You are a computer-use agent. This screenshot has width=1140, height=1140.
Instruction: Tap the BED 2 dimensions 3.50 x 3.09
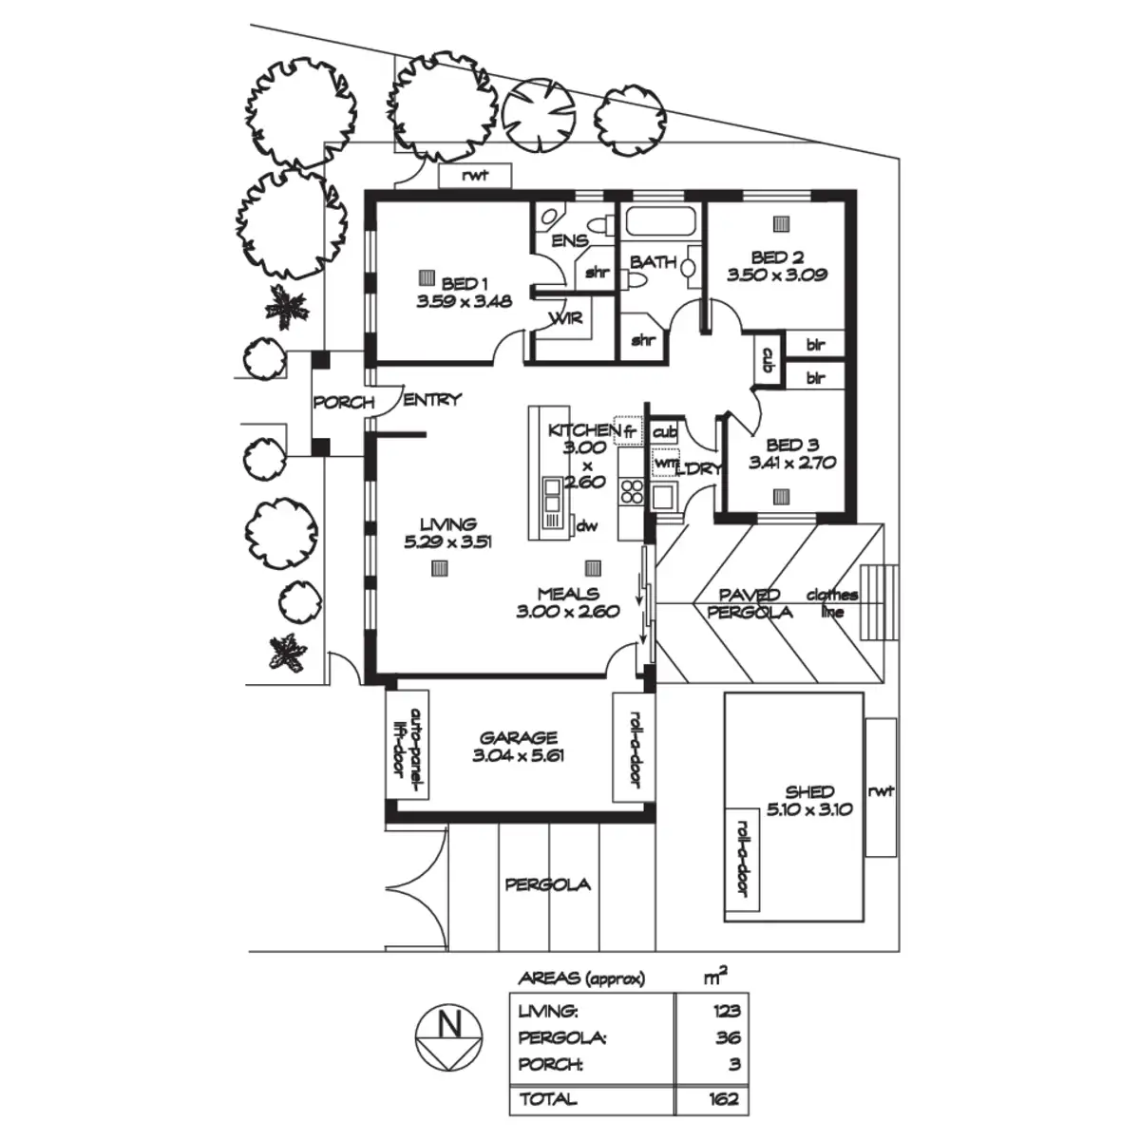(777, 275)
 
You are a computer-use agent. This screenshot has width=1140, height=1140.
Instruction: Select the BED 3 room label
(791, 445)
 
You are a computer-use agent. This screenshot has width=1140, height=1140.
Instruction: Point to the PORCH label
(343, 402)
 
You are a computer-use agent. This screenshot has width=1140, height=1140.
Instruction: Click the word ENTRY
(432, 400)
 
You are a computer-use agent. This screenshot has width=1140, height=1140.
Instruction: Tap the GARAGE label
(518, 737)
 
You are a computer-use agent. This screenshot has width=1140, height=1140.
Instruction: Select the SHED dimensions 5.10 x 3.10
(809, 809)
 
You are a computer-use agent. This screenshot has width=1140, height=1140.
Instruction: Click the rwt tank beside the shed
(881, 790)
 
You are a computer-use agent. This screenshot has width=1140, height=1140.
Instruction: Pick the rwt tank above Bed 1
(475, 176)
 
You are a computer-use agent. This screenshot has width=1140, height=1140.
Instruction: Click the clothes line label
(832, 603)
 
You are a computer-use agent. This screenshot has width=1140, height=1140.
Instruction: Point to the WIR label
(567, 318)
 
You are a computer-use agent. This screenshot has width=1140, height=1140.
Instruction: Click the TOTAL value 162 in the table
(726, 1099)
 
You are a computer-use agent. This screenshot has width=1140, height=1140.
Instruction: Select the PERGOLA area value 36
(729, 1038)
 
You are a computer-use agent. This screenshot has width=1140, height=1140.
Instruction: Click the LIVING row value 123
(726, 1012)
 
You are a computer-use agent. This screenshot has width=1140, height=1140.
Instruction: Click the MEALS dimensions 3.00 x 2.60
(567, 612)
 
